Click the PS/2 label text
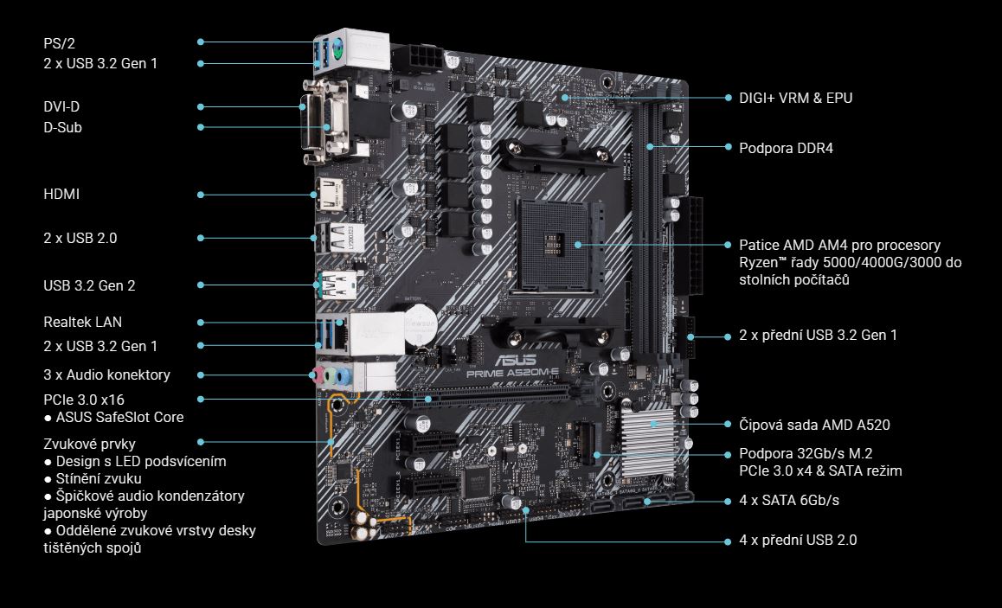click(59, 43)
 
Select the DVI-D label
click(61, 106)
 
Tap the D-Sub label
click(62, 127)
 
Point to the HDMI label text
click(61, 194)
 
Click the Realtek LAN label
click(82, 322)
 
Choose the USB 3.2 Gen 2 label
click(89, 285)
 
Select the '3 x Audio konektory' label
click(106, 374)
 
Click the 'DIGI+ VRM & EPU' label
click(795, 98)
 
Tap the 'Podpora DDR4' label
click(786, 148)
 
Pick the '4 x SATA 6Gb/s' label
click(789, 500)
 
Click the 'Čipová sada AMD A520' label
click(814, 425)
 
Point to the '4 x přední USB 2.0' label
click(798, 541)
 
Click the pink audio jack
click(318, 374)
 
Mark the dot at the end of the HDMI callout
click(201, 194)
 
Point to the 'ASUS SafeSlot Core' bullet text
click(119, 417)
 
